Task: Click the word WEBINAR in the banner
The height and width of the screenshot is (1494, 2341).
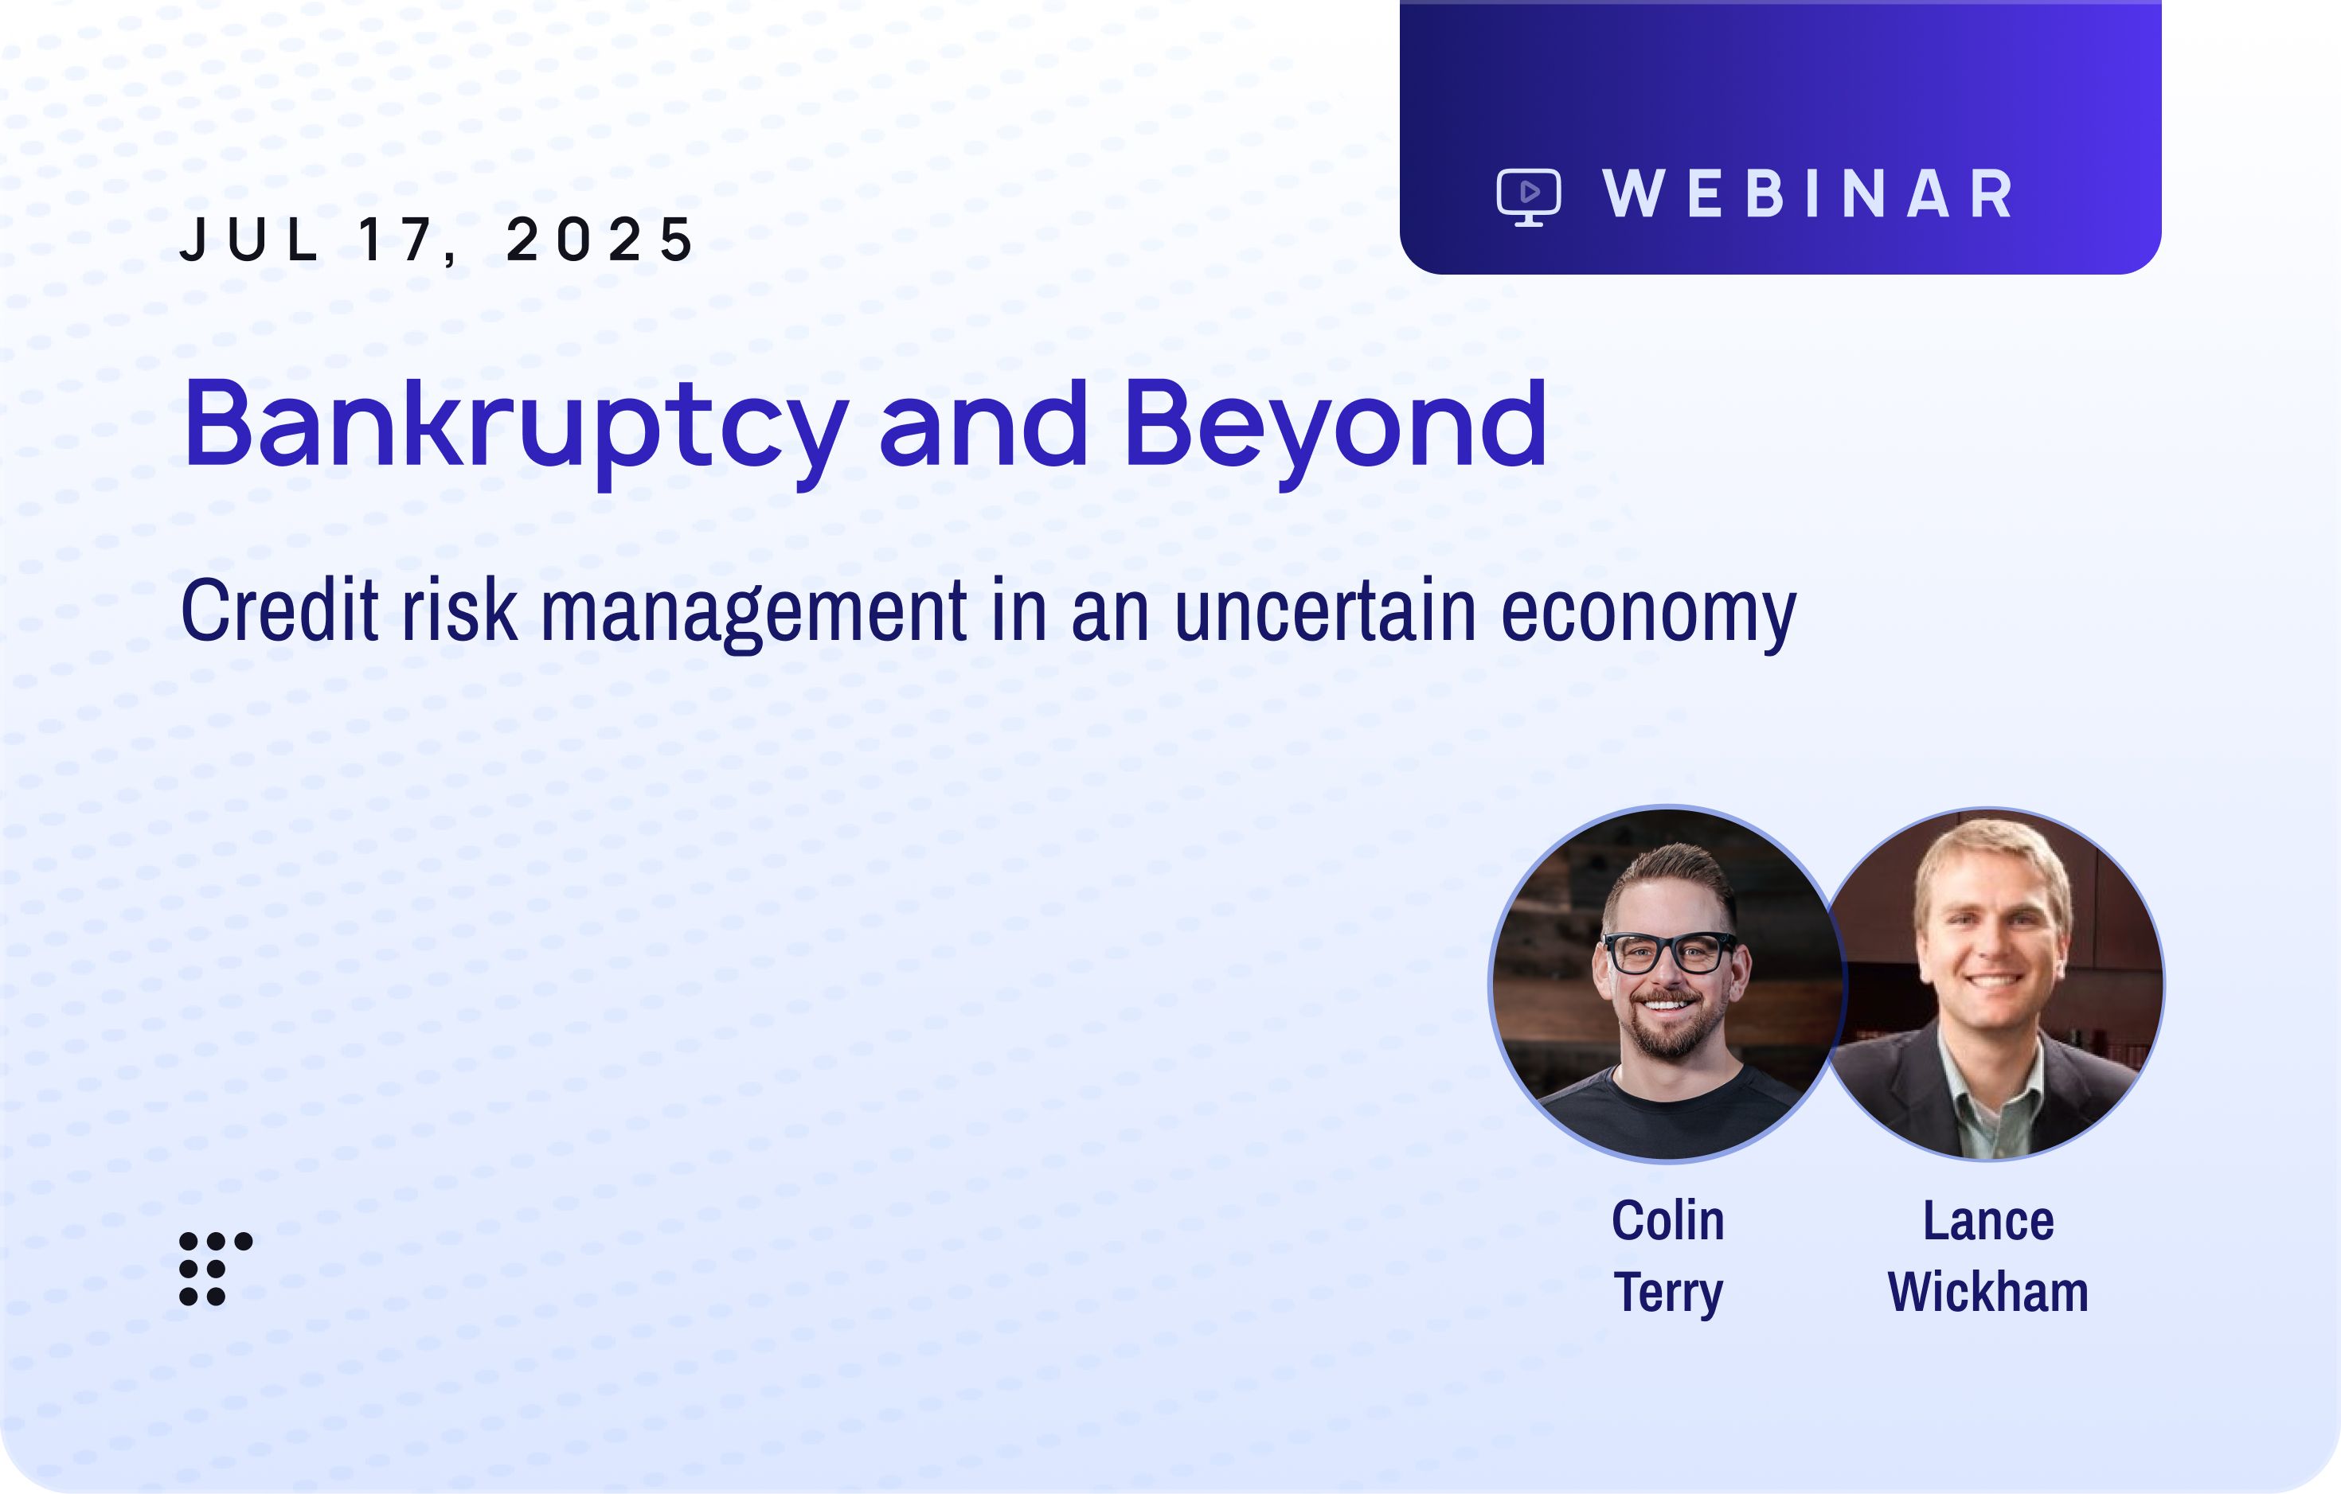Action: click(x=1808, y=194)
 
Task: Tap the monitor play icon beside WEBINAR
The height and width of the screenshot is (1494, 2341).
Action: click(x=1530, y=197)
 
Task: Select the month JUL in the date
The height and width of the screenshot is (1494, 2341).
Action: click(x=250, y=239)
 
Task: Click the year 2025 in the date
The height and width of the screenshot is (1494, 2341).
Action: click(x=600, y=239)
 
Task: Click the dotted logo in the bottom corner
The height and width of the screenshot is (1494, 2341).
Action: click(x=216, y=1269)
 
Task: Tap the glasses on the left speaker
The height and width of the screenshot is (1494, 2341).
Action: click(x=1668, y=952)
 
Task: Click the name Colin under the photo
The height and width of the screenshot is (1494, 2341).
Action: click(x=1668, y=1221)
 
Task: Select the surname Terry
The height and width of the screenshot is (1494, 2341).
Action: click(x=1668, y=1293)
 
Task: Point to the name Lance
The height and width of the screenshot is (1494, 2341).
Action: click(x=1988, y=1221)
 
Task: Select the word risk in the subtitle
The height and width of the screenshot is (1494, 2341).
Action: click(x=459, y=610)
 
